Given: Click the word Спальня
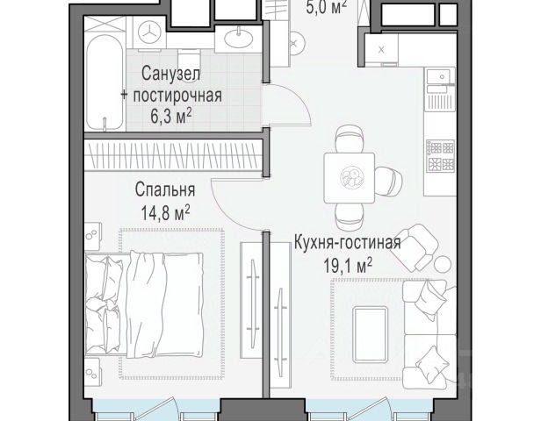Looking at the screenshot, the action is tap(165, 189).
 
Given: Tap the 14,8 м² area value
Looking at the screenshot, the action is tap(165, 212).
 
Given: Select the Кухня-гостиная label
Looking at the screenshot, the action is tap(348, 243).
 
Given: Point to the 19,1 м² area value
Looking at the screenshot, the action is tap(348, 265).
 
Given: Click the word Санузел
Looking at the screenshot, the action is tap(170, 74).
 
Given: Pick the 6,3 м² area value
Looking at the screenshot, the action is tap(170, 116).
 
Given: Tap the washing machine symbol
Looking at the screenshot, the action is tap(149, 32).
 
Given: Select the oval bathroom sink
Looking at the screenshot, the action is tap(238, 39).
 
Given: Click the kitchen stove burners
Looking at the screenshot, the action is tap(440, 156).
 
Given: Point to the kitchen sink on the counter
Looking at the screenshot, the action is tap(438, 76).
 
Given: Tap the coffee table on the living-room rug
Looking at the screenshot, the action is tap(371, 334).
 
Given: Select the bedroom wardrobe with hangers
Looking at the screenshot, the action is tap(174, 153).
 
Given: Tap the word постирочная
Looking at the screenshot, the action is tap(177, 95).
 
